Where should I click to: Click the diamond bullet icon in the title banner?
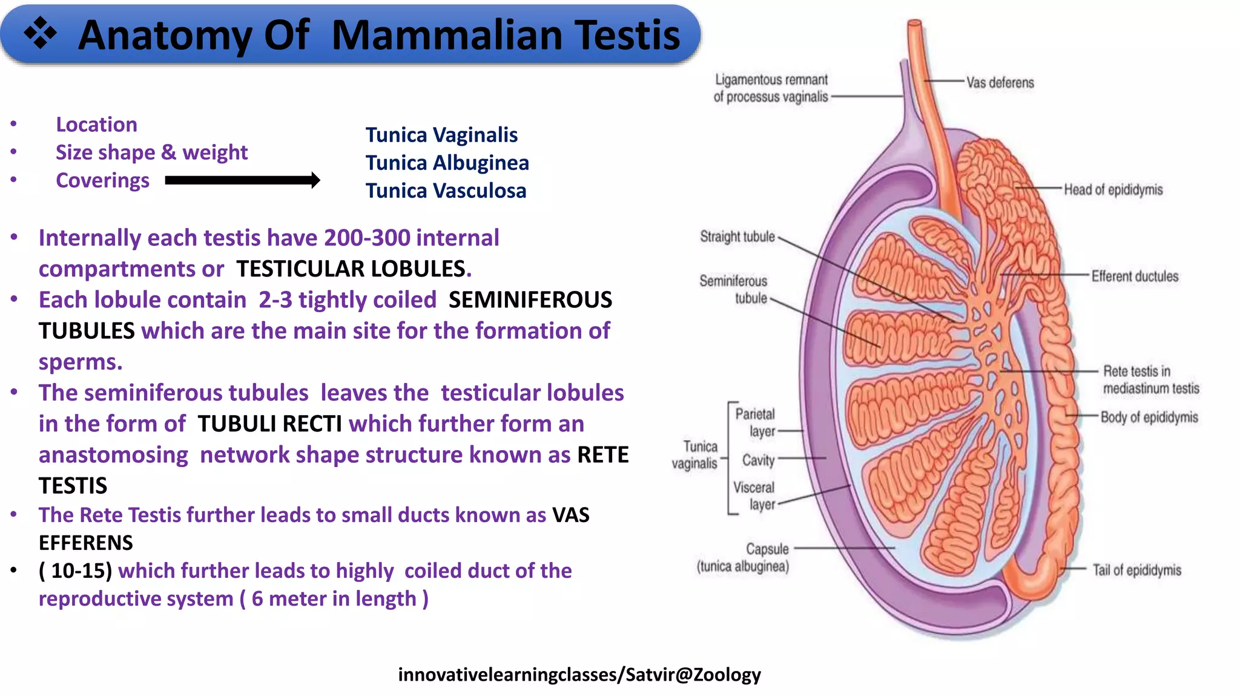(40, 33)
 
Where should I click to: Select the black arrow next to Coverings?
(242, 180)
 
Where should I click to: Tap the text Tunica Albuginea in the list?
(447, 163)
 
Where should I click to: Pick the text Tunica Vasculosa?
(446, 191)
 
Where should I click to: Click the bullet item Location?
(96, 125)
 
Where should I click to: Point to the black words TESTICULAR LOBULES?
(351, 269)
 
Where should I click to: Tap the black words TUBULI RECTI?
(269, 424)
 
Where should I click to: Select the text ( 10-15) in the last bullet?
(76, 571)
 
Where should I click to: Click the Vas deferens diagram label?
(1000, 83)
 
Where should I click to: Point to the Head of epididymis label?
(1113, 190)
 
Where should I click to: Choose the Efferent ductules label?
(1135, 277)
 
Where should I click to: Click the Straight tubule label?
(737, 237)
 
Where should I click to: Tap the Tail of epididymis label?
(1136, 570)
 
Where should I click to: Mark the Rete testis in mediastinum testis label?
(1150, 380)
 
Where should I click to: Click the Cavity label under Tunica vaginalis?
(758, 460)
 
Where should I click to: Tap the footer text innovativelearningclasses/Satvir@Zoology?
(579, 674)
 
